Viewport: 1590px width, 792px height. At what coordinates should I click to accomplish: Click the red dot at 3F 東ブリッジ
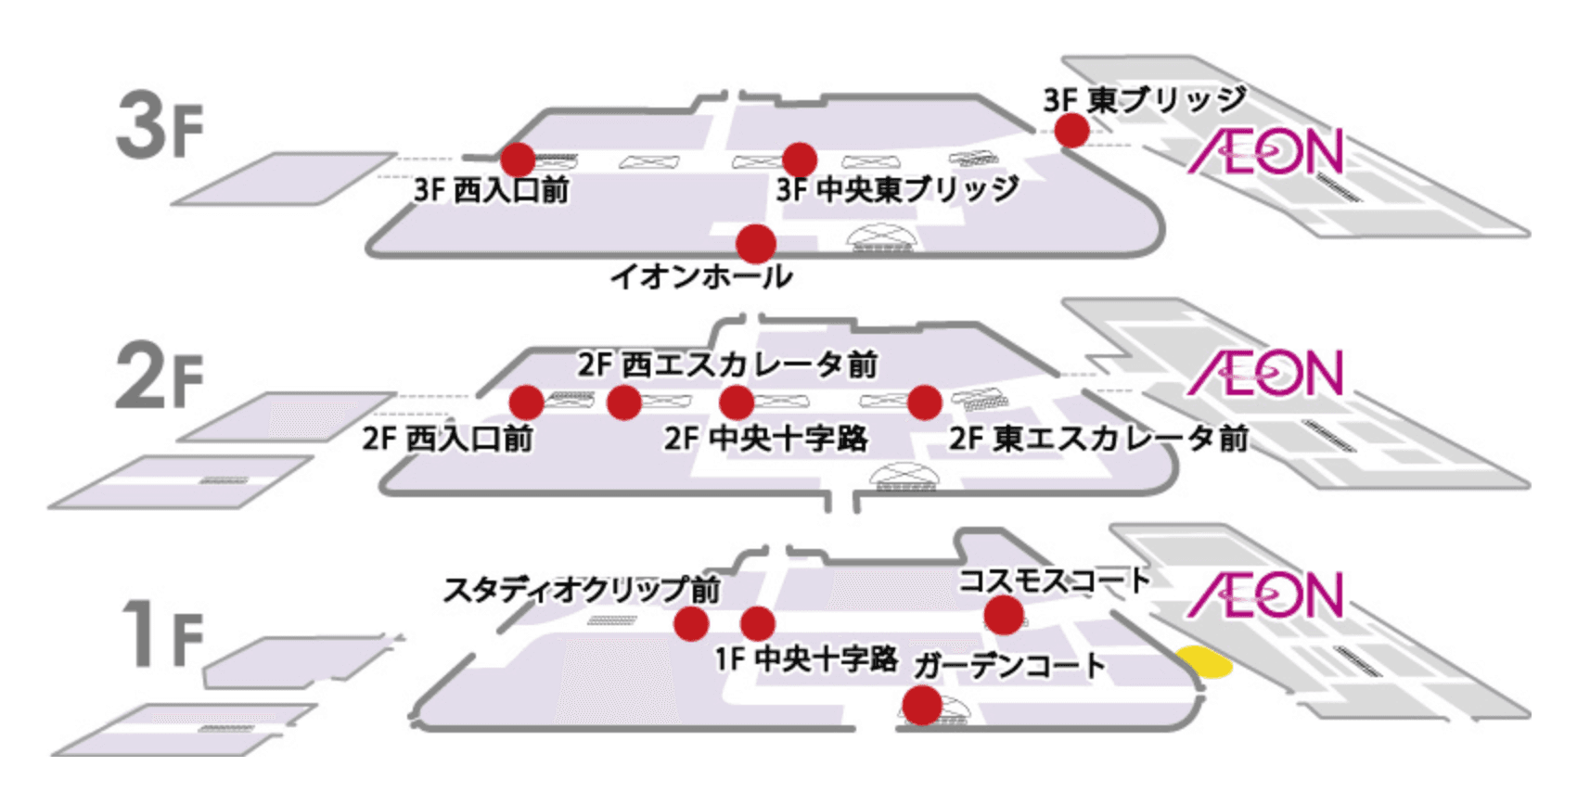[1071, 130]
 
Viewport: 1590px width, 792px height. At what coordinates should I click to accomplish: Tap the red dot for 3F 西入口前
[518, 160]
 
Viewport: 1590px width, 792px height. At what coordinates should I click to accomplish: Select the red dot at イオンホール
[755, 244]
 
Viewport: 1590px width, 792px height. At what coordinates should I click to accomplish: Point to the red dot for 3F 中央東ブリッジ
[799, 160]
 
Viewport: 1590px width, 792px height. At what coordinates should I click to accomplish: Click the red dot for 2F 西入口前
[526, 402]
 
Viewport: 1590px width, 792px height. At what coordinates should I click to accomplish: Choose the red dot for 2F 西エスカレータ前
[623, 402]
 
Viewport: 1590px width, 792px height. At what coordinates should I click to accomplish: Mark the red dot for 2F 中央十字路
[736, 402]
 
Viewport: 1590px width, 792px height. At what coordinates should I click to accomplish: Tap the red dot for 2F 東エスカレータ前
[924, 402]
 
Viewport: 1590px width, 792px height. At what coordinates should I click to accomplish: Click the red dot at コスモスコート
[1003, 615]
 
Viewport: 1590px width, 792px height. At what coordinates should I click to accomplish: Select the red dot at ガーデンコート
[922, 705]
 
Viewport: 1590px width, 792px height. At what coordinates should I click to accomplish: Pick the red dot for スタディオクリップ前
[691, 624]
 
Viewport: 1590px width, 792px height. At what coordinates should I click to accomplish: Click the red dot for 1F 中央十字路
[757, 623]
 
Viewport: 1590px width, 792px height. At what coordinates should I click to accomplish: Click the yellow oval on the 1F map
[1203, 661]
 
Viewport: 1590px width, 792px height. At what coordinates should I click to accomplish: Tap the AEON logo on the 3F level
[1265, 152]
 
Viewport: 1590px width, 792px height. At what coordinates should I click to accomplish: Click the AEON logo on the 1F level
[1265, 594]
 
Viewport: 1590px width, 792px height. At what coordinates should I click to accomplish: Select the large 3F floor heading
[159, 127]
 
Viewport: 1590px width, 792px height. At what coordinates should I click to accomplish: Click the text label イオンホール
[700, 276]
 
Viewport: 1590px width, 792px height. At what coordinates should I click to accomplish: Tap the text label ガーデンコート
[1009, 665]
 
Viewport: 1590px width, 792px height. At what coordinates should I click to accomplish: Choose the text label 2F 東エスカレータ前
[1097, 438]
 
